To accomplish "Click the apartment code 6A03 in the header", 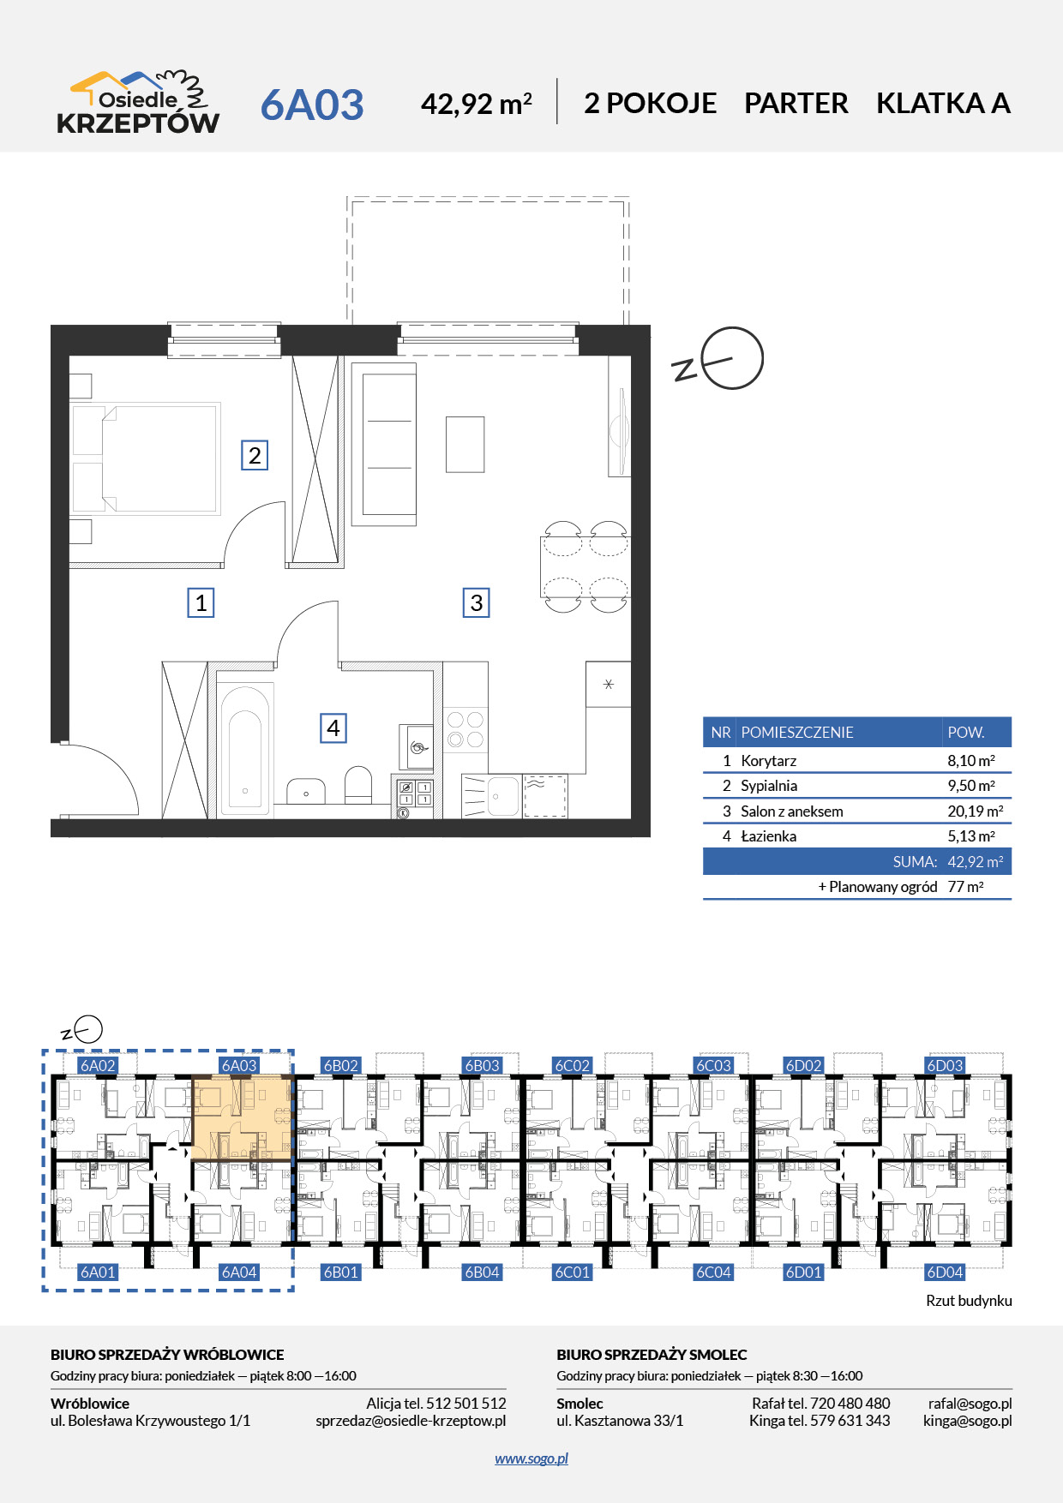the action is (312, 105).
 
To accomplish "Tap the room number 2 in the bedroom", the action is (255, 455).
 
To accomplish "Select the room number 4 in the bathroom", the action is (333, 728).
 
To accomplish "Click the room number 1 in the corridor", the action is (201, 602).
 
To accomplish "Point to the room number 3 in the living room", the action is (476, 602).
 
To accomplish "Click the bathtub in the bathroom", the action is (245, 748).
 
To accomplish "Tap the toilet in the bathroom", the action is (357, 784).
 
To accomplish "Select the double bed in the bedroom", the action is (146, 458).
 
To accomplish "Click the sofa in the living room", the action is (384, 444).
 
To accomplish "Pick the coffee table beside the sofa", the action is (465, 444).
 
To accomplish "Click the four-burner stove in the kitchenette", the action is (465, 729).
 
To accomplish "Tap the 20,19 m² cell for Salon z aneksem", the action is (976, 811).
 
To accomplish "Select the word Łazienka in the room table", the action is (768, 836).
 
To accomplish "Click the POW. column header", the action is (965, 733).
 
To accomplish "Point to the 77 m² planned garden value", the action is (965, 887).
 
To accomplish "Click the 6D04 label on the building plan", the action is (945, 1272).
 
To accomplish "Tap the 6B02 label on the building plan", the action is (340, 1066).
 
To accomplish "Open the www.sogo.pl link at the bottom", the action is (531, 1458).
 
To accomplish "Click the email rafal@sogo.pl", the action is (970, 1404).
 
